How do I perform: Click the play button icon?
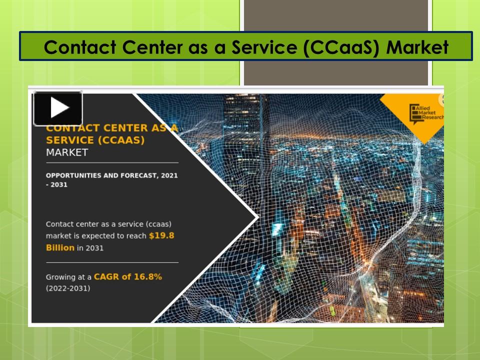pyautogui.click(x=58, y=108)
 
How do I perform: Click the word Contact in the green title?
pyautogui.click(x=77, y=47)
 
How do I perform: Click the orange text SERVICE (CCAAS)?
pyautogui.click(x=95, y=140)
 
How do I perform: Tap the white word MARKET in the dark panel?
pyautogui.click(x=66, y=152)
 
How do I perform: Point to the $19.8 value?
pyautogui.click(x=161, y=235)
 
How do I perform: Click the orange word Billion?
pyautogui.click(x=60, y=247)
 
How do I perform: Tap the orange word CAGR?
pyautogui.click(x=105, y=276)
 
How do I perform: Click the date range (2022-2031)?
pyautogui.click(x=68, y=288)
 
